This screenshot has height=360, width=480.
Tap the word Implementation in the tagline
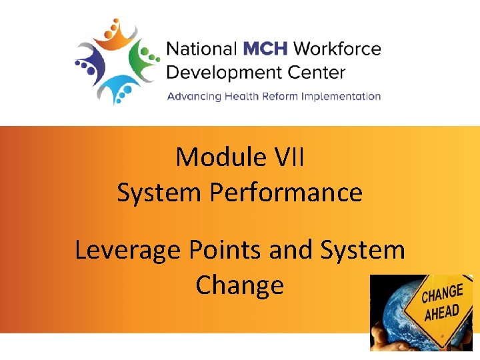pos(341,97)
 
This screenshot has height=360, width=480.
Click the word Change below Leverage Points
pos(239,285)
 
